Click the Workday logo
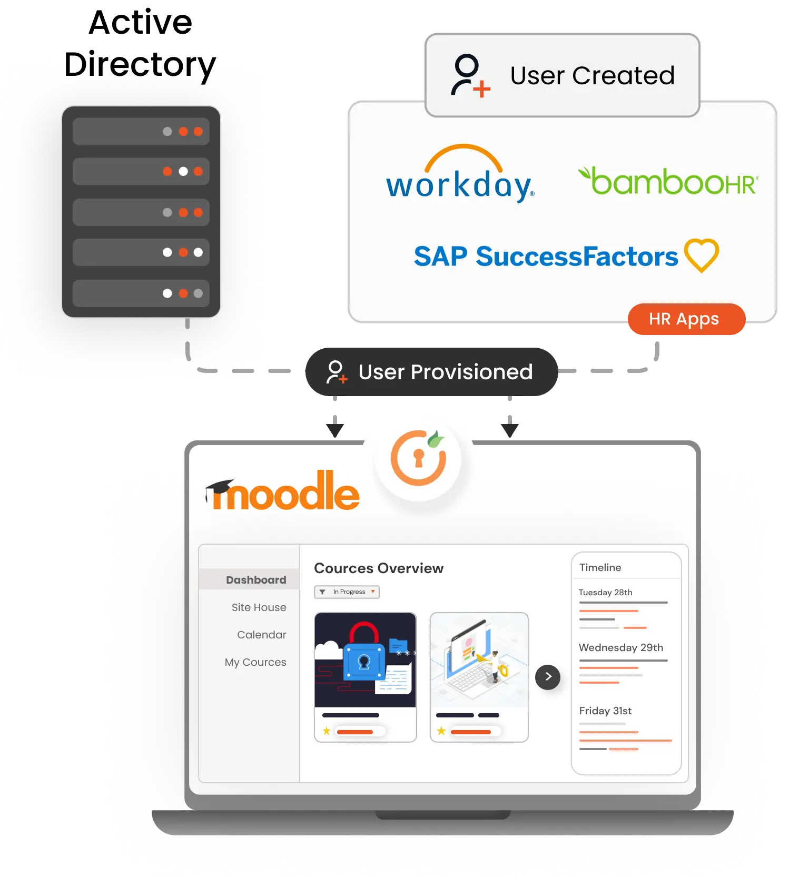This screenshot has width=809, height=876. click(460, 176)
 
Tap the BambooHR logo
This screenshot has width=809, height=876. click(668, 182)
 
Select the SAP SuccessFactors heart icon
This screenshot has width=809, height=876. click(702, 255)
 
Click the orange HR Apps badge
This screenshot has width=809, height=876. click(686, 319)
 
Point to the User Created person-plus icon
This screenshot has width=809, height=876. click(470, 75)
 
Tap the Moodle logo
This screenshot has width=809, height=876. click(283, 492)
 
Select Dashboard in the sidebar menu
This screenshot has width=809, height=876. click(255, 580)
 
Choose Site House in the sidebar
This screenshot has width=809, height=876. click(259, 607)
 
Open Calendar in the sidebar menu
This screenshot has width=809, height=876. click(261, 635)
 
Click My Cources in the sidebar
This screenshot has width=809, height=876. click(255, 662)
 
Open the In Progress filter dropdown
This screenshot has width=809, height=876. click(347, 592)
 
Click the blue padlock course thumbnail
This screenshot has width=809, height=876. click(365, 660)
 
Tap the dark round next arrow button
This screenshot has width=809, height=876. click(548, 677)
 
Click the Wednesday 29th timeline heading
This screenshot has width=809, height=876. click(620, 647)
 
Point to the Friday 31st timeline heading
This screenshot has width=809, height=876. click(605, 711)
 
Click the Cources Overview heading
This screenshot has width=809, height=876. click(378, 568)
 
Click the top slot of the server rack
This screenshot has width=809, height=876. click(141, 131)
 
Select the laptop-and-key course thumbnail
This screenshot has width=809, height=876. click(479, 660)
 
